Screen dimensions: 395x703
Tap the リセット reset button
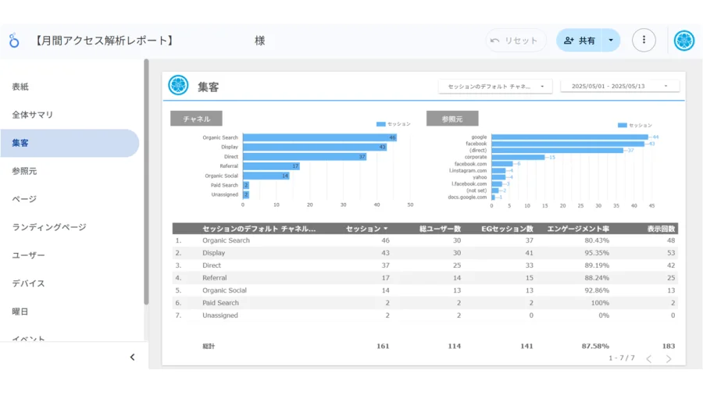(515, 41)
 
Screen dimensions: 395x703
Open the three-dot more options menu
(644, 41)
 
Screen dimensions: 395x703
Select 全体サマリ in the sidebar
(33, 115)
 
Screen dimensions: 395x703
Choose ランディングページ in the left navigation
(49, 227)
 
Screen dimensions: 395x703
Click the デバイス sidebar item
(28, 283)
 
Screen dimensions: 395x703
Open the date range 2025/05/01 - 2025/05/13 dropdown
(619, 87)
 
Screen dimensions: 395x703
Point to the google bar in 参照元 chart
(569, 137)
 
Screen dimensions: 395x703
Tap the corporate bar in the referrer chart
(517, 157)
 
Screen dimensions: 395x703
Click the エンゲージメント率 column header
(578, 229)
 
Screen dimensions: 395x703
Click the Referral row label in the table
(215, 278)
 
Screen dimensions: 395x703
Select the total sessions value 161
(382, 346)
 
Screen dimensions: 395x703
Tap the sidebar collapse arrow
(132, 358)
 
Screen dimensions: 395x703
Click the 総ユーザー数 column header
(440, 229)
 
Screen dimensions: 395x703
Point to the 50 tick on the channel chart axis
(410, 205)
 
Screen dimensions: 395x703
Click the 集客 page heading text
(209, 87)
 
